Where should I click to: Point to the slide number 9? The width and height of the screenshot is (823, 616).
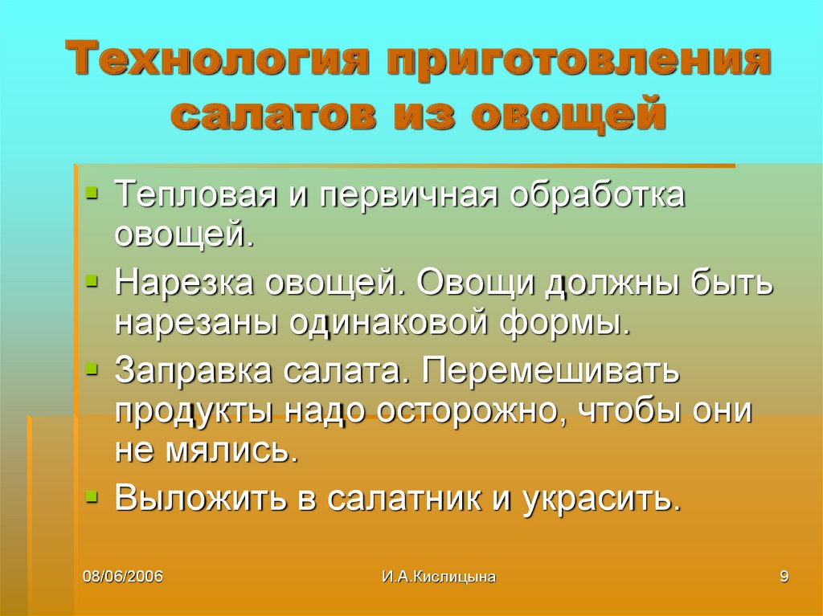point(784,576)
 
